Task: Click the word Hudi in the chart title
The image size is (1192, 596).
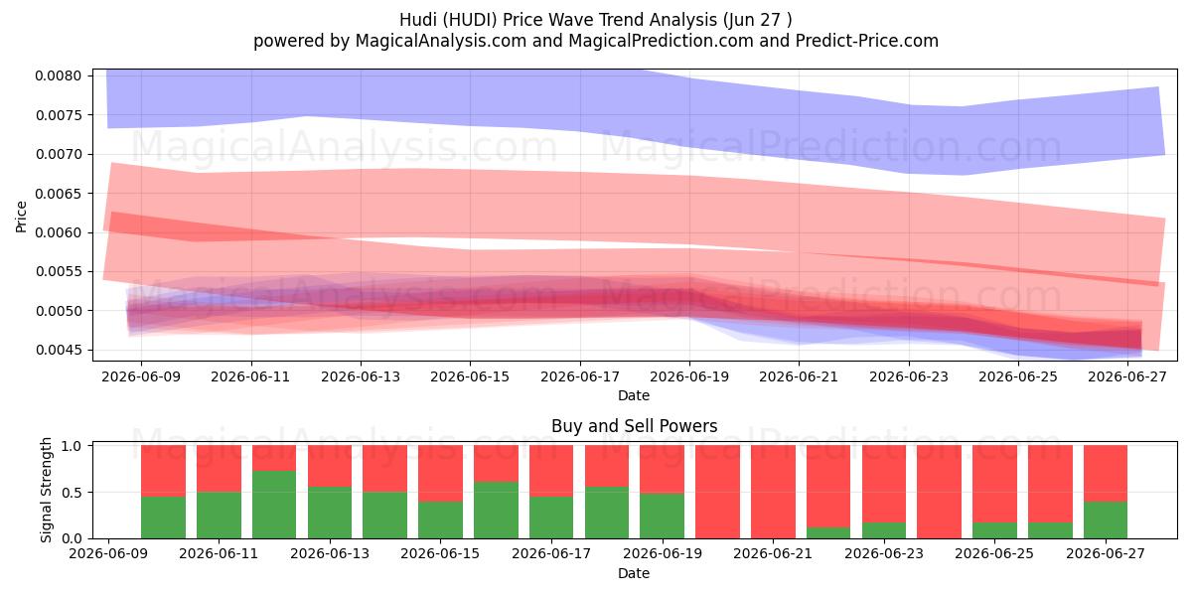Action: click(414, 20)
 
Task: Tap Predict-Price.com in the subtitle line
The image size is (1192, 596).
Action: click(867, 41)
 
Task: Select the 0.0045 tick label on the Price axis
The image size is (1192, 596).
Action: click(59, 350)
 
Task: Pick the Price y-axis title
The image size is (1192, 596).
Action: click(21, 217)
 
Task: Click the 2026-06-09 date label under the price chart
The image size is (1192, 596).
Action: click(141, 376)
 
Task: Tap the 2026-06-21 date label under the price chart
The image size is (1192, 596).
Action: click(799, 376)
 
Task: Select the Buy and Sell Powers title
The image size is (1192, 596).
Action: click(635, 426)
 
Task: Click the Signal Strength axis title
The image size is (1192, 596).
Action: click(46, 490)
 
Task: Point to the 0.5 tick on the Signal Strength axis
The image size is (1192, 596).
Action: click(72, 493)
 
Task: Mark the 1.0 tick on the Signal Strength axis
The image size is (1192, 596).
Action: click(72, 446)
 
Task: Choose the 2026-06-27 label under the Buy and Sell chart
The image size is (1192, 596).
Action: click(1106, 553)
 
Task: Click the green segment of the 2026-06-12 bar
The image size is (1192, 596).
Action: click(274, 505)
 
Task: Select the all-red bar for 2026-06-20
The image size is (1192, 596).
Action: click(717, 492)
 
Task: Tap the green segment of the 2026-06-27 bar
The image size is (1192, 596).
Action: click(1106, 520)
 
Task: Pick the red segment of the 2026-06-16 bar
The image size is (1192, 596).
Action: click(496, 464)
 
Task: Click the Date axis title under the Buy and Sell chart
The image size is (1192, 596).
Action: click(634, 574)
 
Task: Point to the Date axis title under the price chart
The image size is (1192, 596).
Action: click(634, 396)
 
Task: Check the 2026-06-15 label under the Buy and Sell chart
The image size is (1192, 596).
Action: click(440, 553)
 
